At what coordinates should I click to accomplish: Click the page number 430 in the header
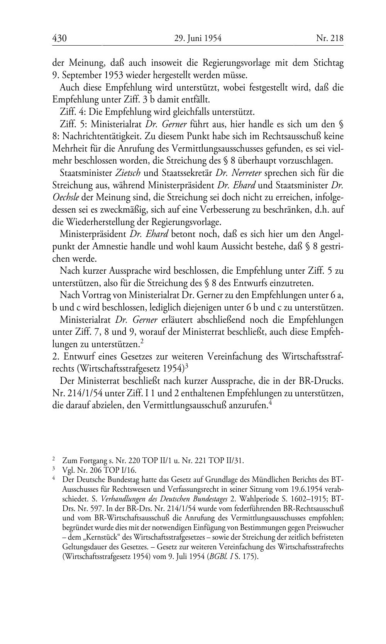coord(59,38)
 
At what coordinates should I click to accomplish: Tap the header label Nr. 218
coord(330,38)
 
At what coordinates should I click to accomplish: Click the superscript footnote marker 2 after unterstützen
coord(142,341)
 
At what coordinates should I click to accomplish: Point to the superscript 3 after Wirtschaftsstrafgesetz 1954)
coord(186,366)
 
